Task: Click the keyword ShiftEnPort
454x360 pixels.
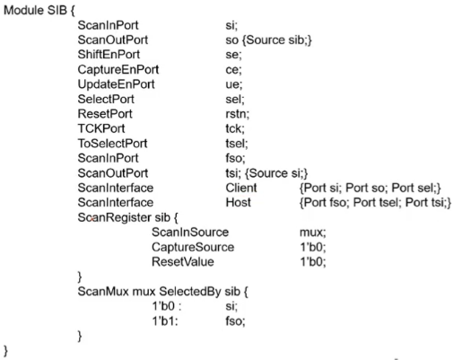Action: (109, 55)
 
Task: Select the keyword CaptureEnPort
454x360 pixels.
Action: (118, 69)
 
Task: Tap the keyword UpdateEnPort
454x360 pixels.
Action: (116, 84)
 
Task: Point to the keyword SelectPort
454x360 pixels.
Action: (106, 99)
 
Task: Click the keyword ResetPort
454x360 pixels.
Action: (105, 114)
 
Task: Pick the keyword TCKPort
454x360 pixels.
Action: (101, 128)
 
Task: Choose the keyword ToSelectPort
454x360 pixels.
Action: (112, 144)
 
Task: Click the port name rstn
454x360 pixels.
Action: (236, 114)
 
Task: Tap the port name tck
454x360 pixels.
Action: (233, 128)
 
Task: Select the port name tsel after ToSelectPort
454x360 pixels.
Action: (235, 144)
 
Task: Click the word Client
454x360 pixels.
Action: (241, 188)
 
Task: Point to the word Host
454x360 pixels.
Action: (239, 203)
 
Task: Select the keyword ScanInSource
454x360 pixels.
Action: (190, 233)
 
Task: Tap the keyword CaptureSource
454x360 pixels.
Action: (193, 247)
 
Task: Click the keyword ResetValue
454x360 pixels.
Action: (183, 262)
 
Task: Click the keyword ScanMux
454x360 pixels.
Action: (103, 292)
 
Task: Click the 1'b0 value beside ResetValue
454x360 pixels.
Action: (311, 262)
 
